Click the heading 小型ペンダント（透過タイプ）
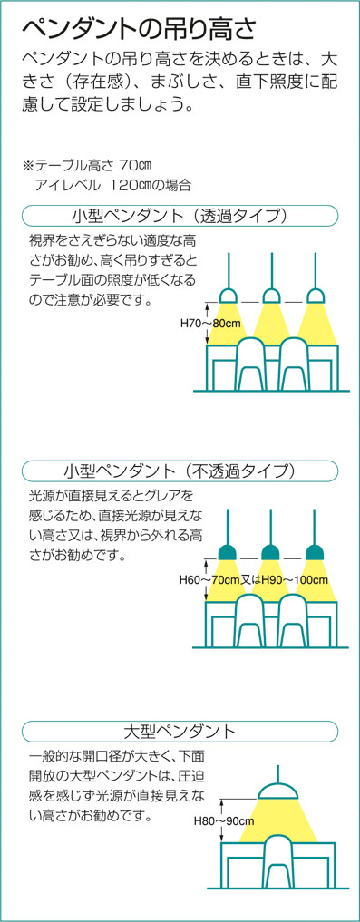click(180, 216)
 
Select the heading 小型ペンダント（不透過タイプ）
click(180, 471)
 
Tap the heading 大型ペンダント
click(180, 731)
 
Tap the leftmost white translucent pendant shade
click(228, 295)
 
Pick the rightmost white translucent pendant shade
click(316, 295)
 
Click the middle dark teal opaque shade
click(271, 552)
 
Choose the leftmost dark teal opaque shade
click(228, 552)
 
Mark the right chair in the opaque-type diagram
click(296, 620)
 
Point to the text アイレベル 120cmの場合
click(113, 185)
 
